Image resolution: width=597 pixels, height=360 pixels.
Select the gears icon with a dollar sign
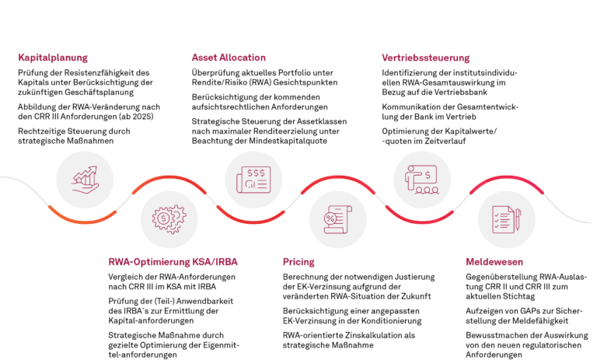[x=169, y=218]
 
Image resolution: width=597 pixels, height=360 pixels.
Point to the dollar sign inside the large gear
[x=164, y=219]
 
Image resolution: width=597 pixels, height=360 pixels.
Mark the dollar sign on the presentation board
[x=428, y=174]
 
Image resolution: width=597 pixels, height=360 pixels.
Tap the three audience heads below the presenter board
[x=424, y=190]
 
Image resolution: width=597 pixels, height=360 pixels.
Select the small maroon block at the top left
[x=52, y=61]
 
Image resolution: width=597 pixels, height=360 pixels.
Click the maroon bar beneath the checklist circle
[x=497, y=265]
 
